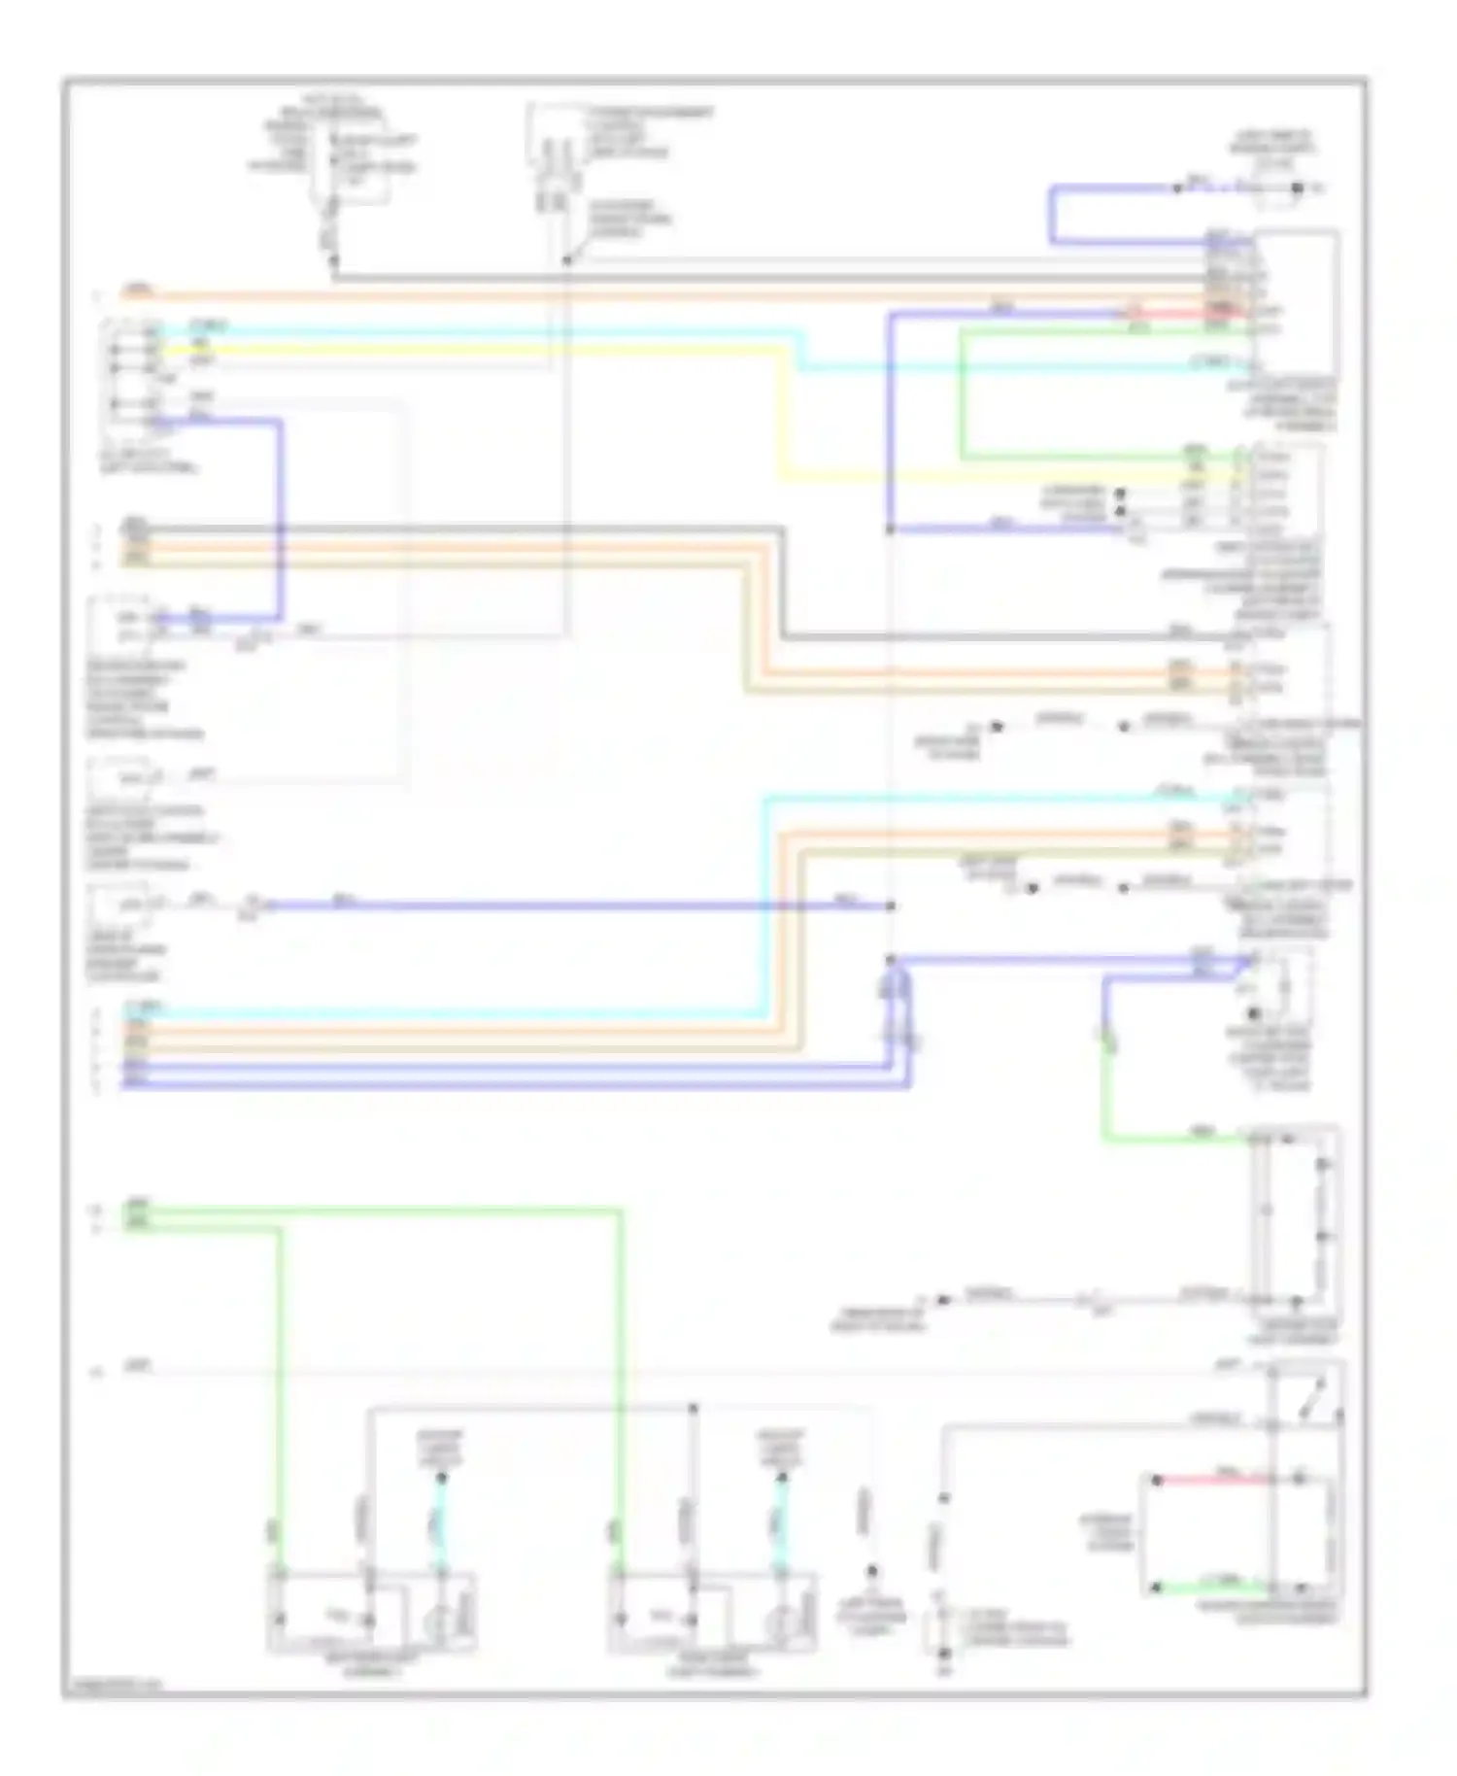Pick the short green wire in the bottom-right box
[1214, 1587]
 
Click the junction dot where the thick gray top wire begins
[333, 259]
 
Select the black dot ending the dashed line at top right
[1296, 188]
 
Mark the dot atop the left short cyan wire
[441, 1478]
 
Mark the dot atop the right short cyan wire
[781, 1478]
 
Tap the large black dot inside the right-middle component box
[1253, 1013]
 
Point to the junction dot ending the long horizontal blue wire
[891, 905]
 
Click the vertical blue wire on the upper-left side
[282, 520]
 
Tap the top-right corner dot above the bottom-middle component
[693, 1407]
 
